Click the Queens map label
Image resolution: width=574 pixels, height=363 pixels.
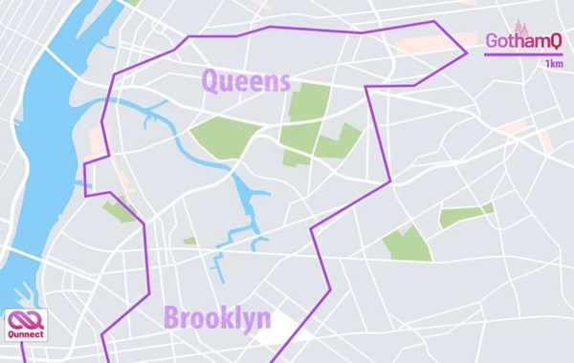[x=246, y=80]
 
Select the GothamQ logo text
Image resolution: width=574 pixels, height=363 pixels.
[x=522, y=41]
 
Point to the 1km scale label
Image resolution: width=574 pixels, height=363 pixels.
[x=553, y=64]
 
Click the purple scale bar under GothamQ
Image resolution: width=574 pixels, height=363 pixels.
[x=522, y=54]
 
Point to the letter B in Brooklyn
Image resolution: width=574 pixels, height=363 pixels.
[x=172, y=319]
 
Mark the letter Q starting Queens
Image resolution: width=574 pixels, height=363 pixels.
[x=210, y=80]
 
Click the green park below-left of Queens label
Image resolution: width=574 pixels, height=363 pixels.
[x=226, y=137]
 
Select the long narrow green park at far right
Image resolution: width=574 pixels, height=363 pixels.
[x=465, y=215]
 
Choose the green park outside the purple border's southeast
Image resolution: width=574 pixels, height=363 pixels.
[x=408, y=244]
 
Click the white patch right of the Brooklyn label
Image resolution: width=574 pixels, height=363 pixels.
[x=286, y=327]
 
